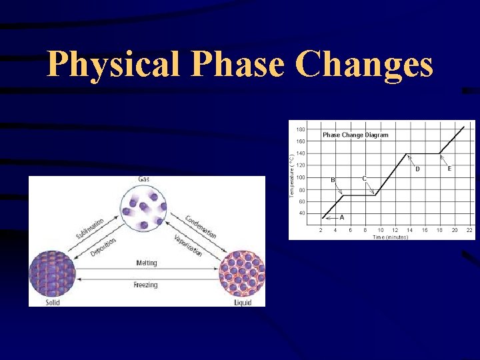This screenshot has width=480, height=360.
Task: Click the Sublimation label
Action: point(90,228)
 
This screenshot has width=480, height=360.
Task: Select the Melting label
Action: point(146,263)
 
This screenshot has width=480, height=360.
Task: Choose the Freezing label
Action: point(146,285)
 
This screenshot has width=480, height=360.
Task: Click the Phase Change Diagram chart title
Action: point(355,135)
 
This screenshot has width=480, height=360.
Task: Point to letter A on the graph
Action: point(342,217)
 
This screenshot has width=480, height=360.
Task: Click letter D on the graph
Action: point(417,169)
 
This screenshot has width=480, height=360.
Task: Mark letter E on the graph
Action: point(449,169)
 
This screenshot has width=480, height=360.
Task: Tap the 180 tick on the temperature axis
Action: point(301,129)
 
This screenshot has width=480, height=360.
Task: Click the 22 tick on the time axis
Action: point(469,230)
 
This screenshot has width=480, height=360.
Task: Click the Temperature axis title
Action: point(291,175)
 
